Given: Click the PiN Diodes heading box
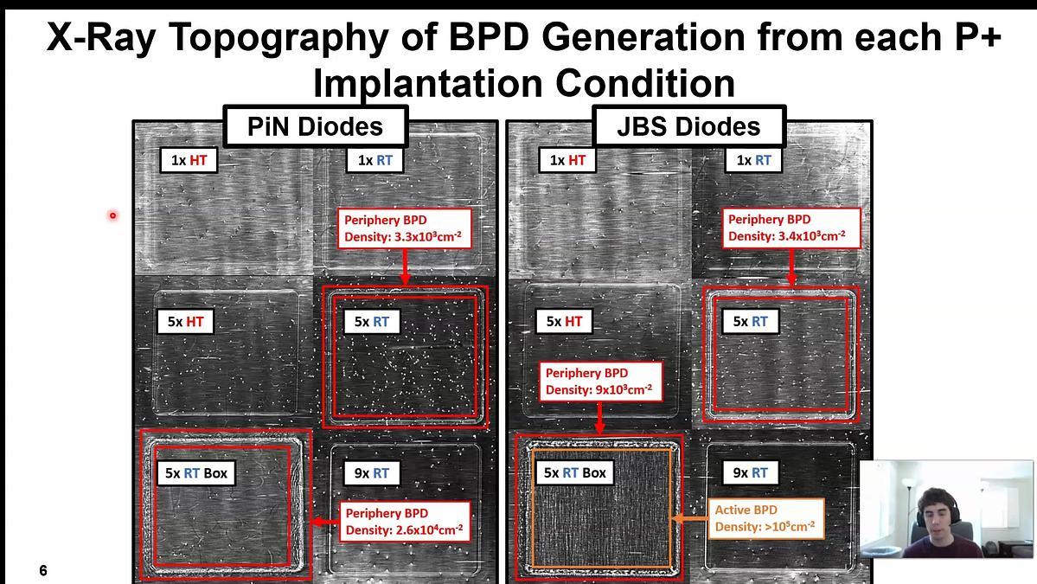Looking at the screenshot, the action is tap(316, 125).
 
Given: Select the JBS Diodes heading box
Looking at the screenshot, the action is tap(688, 125).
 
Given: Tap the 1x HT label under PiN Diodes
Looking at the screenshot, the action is tap(189, 160).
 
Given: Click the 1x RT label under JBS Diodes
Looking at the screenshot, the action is tap(753, 160).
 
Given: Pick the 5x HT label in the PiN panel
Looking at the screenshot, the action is tap(185, 322).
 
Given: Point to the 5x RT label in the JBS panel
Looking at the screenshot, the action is tap(750, 322).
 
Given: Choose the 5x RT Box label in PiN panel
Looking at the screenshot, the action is tap(195, 473).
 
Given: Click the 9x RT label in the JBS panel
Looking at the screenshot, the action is tap(750, 473).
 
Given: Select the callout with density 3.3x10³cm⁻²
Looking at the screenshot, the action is tap(404, 228).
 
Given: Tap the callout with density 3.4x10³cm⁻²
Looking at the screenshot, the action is tap(791, 228).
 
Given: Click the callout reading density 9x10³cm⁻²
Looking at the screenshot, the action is tap(600, 381).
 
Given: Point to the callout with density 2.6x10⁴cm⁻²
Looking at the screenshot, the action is tap(405, 521).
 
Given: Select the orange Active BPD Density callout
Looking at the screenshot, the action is tap(765, 518).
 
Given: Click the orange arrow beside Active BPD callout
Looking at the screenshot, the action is tap(690, 518).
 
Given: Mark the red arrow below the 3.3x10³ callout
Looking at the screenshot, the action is tap(405, 267).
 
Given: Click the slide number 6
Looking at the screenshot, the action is tap(43, 570).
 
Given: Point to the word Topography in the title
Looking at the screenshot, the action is tap(278, 37).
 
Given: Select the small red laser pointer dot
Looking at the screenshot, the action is tap(113, 215).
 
